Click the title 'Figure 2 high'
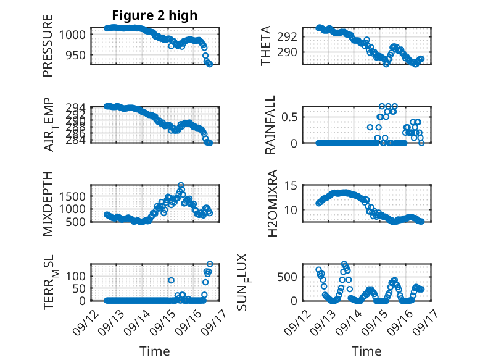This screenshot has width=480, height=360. (155, 15)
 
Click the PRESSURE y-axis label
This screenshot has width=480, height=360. (48, 46)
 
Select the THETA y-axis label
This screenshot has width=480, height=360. (266, 46)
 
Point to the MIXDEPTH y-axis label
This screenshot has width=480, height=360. (48, 203)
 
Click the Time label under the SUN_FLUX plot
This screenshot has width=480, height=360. (366, 351)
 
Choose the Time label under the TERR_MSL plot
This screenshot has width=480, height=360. (154, 351)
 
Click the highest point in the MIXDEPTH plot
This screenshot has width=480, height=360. (181, 185)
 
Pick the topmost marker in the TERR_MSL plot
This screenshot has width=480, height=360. (210, 264)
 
